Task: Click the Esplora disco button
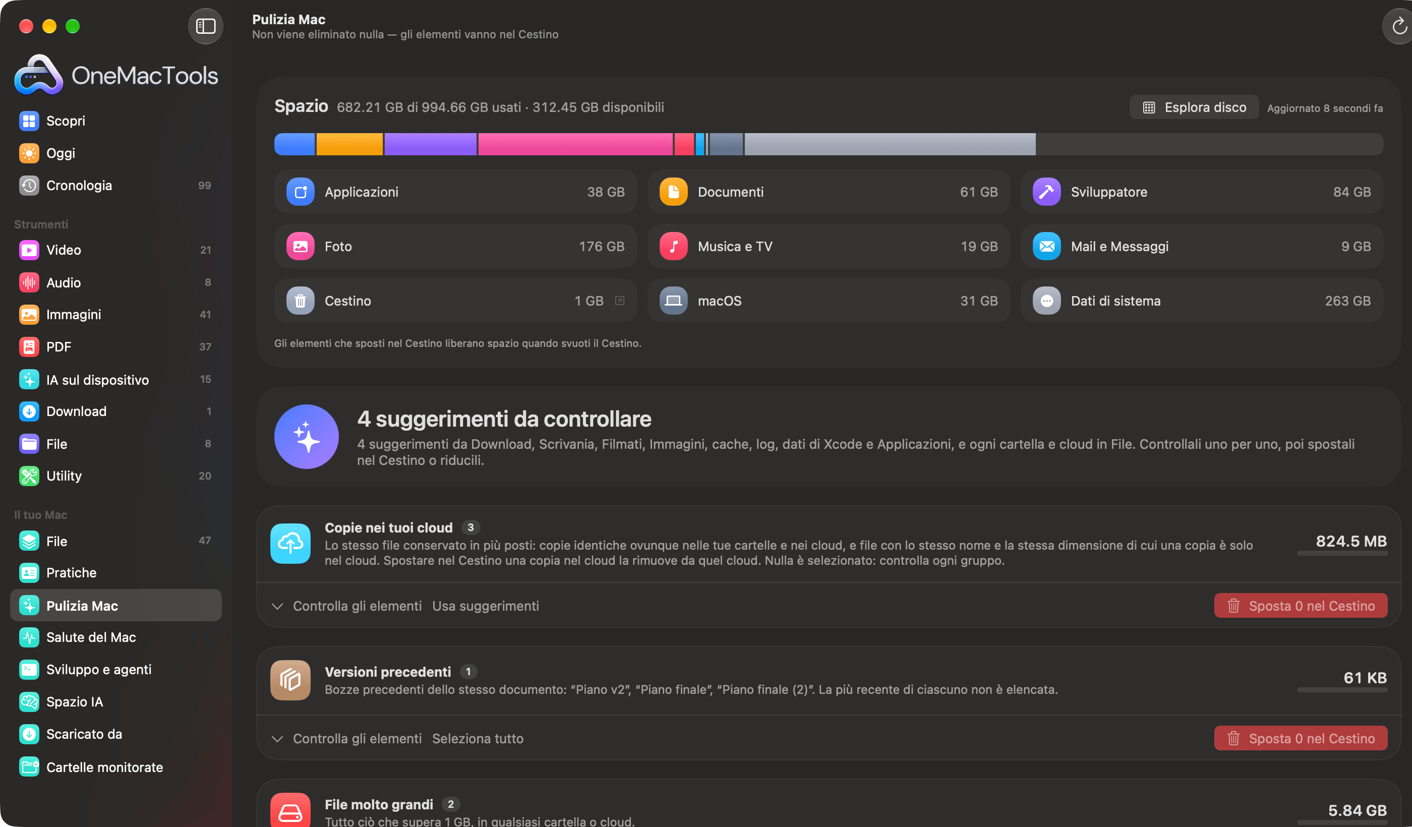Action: tap(1194, 107)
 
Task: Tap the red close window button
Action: tap(26, 26)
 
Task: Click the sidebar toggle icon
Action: tap(206, 26)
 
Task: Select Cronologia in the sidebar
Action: tap(79, 186)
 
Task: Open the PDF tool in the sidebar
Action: tap(59, 347)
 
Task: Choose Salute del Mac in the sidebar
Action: tap(91, 637)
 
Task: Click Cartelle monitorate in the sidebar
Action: tap(105, 767)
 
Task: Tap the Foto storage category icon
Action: tap(301, 247)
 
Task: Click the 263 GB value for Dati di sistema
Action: tap(1347, 301)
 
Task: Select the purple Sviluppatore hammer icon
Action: tap(1046, 192)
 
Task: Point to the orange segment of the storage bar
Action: tap(349, 144)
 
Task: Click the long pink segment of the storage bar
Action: tap(575, 144)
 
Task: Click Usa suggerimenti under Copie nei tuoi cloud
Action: tap(485, 606)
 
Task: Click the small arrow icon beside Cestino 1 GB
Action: tap(619, 301)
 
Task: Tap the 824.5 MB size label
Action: tap(1351, 541)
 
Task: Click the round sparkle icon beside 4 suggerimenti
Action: tap(307, 437)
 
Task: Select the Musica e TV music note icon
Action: tap(674, 247)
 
